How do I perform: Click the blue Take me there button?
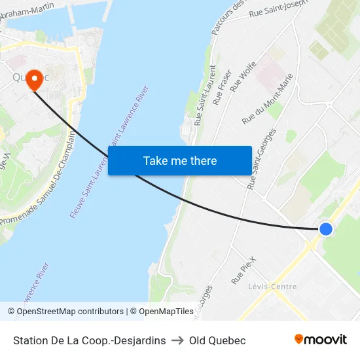tap(180, 160)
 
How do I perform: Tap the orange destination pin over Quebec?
tap(33, 79)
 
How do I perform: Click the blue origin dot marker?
tap(325, 228)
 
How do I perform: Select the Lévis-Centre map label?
tap(272, 287)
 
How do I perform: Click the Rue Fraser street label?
tap(223, 88)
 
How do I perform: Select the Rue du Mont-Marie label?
tap(267, 99)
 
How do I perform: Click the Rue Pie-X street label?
tap(242, 270)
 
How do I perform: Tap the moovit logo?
tap(321, 339)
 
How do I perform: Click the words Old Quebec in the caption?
tap(217, 340)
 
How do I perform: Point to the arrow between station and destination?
tap(177, 340)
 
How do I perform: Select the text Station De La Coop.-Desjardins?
tap(89, 340)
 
